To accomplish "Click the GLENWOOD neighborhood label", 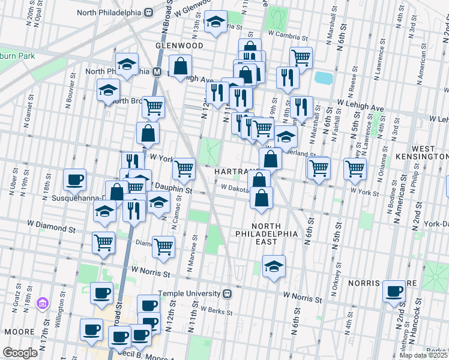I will click(179, 45).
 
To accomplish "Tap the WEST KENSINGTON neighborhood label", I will click(429, 152).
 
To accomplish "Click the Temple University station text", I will click(189, 294).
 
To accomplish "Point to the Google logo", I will click(20, 352).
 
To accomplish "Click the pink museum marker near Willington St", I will click(41, 304).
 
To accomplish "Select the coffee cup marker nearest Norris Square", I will click(394, 291).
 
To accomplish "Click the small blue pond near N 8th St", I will click(323, 78).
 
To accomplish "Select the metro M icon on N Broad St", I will click(157, 71).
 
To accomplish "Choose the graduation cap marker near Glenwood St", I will click(214, 22).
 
